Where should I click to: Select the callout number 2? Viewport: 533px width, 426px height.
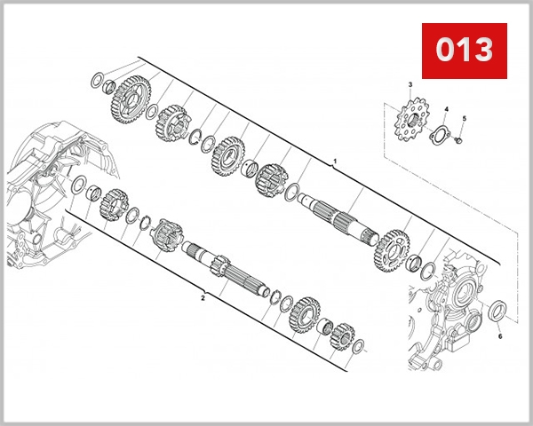coord(203,298)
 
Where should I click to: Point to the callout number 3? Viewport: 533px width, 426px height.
coord(410,84)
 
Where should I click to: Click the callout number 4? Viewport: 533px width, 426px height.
coord(446,110)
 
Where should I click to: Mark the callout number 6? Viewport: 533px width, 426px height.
coord(499,336)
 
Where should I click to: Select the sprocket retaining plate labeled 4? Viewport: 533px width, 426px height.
coord(439,136)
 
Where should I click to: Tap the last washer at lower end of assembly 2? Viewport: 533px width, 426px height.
coord(357,348)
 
